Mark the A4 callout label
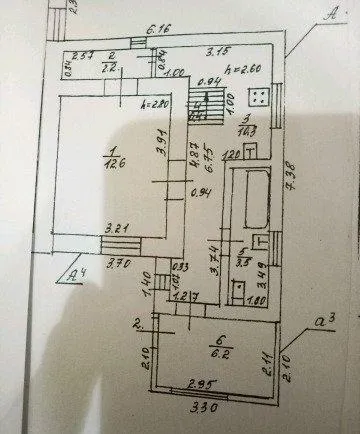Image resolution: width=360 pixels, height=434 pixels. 71,269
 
